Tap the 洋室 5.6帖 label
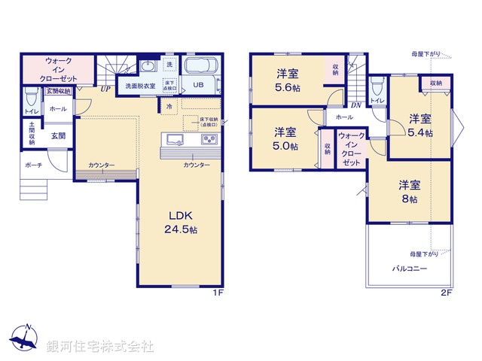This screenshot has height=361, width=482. (x=287, y=80)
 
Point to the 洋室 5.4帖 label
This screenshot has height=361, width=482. (x=420, y=126)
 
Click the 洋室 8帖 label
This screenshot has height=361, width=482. (x=409, y=192)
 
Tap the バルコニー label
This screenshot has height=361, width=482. (x=409, y=268)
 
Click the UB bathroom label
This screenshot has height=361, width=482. (x=198, y=85)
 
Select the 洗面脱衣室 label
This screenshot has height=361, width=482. (x=140, y=86)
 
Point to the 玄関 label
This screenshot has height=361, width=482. (x=58, y=136)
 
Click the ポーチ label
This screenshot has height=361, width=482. (x=33, y=165)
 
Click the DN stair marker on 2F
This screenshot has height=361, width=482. (x=355, y=106)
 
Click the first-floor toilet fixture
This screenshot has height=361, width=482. (x=30, y=97)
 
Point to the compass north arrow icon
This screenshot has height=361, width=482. (x=25, y=339)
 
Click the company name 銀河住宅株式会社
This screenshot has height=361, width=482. (x=100, y=347)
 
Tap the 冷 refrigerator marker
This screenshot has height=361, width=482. (x=169, y=107)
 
